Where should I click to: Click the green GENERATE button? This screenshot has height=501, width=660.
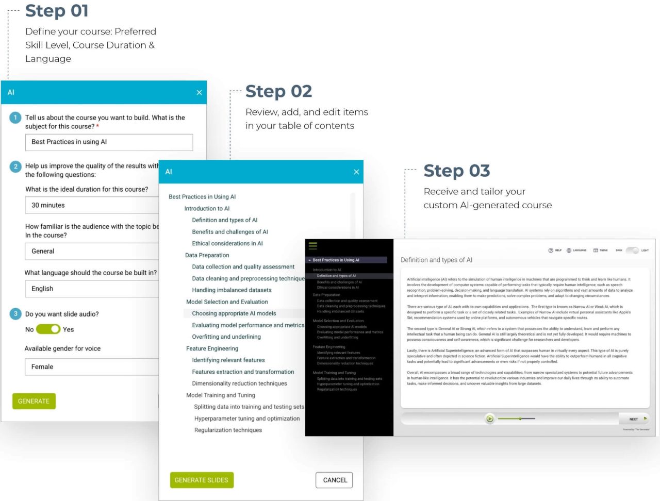click(x=34, y=401)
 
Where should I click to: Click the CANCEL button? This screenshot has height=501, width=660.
click(x=335, y=480)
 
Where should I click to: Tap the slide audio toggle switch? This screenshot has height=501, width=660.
click(x=48, y=329)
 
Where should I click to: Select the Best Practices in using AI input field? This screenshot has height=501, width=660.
click(x=109, y=142)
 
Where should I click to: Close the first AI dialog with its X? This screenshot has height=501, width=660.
click(x=199, y=93)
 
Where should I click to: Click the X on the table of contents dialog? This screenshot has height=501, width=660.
click(x=356, y=172)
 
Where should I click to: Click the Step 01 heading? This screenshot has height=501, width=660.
click(x=57, y=11)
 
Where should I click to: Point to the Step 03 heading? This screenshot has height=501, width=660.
click(x=456, y=171)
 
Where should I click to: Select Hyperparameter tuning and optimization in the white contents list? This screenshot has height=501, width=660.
click(x=246, y=419)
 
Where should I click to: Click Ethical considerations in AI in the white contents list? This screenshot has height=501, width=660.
click(x=227, y=243)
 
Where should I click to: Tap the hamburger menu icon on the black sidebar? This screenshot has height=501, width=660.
click(x=313, y=246)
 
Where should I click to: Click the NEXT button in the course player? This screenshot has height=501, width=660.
click(x=636, y=419)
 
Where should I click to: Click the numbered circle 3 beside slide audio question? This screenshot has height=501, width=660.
click(x=15, y=314)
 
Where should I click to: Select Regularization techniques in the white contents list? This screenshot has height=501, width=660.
click(x=228, y=430)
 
